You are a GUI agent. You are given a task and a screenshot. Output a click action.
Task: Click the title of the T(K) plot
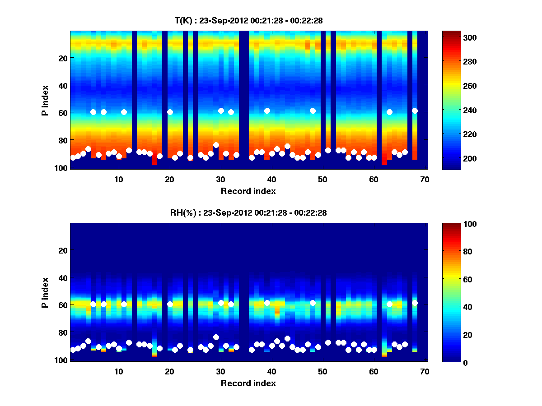pos(248,20)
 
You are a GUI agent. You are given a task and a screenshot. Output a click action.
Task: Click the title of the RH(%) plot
pos(248,213)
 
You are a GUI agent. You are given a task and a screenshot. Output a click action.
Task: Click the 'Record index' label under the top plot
pos(248,191)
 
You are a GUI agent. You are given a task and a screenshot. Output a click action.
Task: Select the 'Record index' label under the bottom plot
pos(248,383)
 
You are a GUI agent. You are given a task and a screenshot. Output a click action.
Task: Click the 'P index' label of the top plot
pos(46,100)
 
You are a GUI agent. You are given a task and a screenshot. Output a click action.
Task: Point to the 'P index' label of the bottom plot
pos(46,293)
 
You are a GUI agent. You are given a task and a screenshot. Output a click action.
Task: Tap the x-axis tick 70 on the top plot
pos(425,179)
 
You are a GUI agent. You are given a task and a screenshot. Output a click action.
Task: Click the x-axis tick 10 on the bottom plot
pos(119,372)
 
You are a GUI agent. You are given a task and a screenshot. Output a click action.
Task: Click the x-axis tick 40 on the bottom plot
pos(271,372)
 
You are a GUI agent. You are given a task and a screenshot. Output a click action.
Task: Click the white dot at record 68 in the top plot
pos(415,111)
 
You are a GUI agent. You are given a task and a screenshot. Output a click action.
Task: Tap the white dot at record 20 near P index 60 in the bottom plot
pos(170,304)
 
